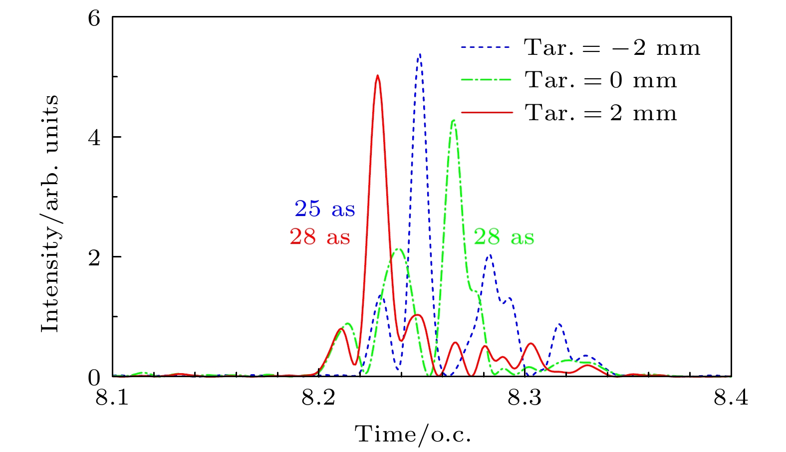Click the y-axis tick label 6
pos(94,18)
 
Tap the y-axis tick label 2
pos(94,257)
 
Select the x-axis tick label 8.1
pos(112,399)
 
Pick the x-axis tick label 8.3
pos(525,399)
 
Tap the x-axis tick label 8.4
pos(731,399)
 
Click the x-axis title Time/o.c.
pos(413,434)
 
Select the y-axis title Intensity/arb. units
pos(50,213)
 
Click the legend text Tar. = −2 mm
pos(612,48)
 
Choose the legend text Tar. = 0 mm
pos(601,80)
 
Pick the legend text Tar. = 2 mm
pos(601,113)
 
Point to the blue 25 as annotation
pos(325,209)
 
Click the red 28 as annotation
pos(320,237)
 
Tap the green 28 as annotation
pos(504,237)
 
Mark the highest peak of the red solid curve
pos(378,76)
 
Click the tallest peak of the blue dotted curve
pos(420,54)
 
